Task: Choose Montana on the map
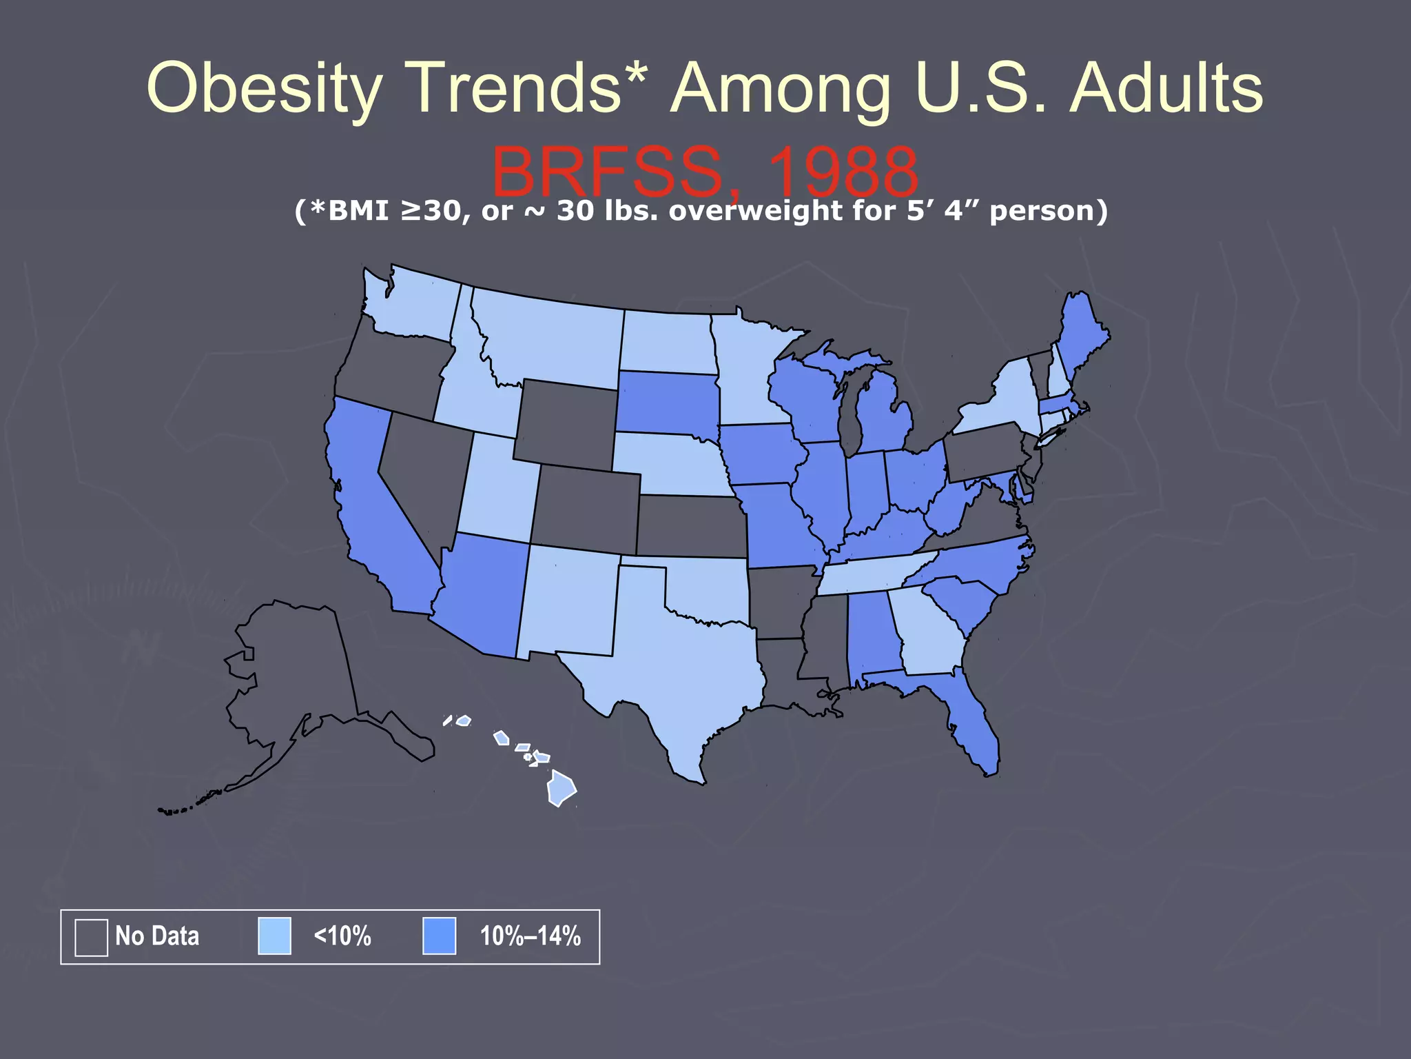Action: coord(551,338)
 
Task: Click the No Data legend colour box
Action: coord(91,937)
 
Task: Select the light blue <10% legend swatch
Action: coord(274,936)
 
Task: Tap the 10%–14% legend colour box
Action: coord(439,936)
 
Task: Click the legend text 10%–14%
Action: coord(530,936)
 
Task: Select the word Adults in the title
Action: coord(1166,88)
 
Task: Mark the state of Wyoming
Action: coord(566,424)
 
